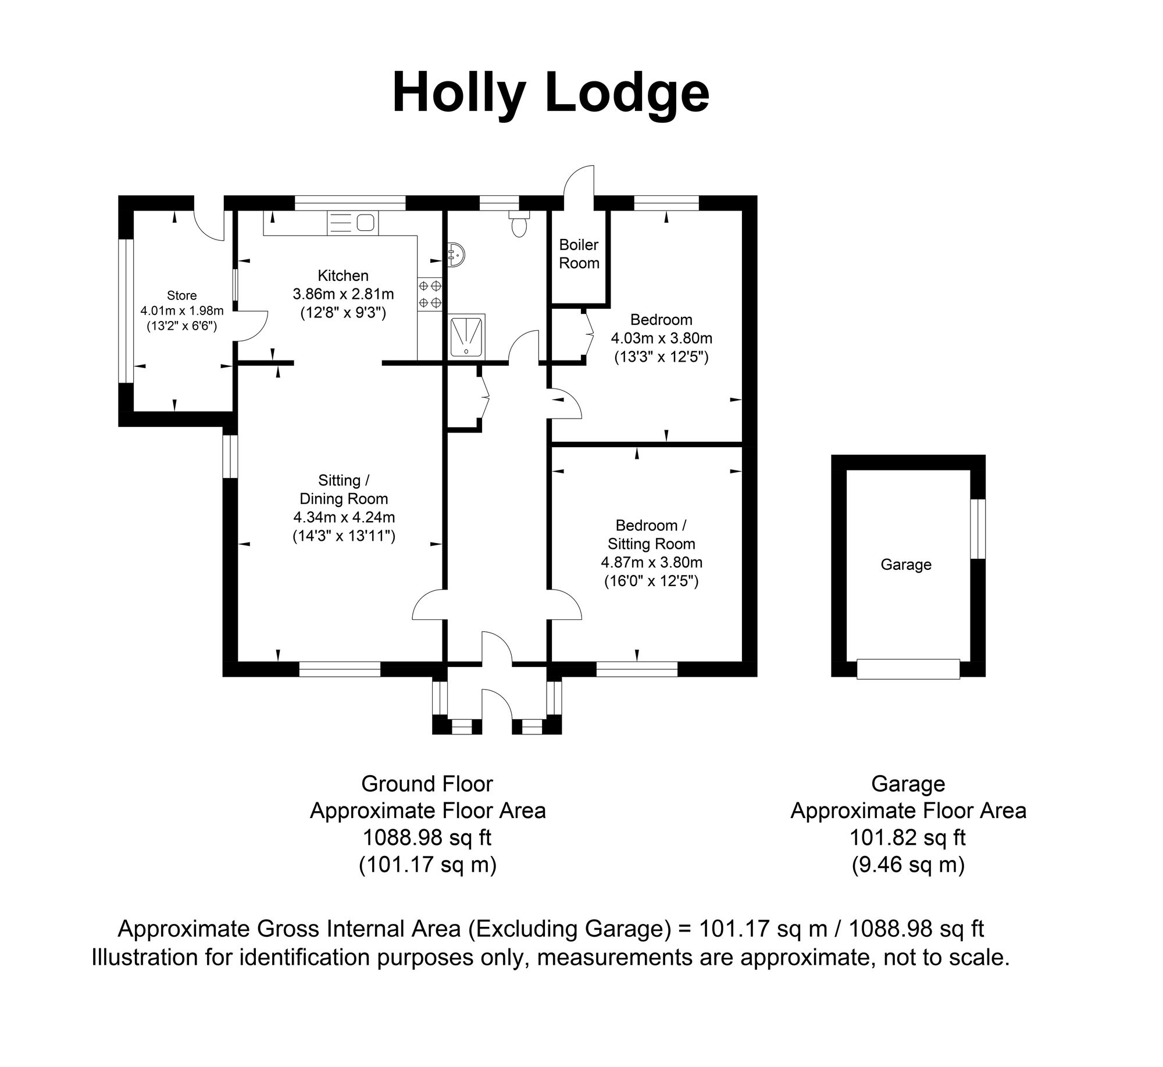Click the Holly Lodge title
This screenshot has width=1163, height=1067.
point(550,94)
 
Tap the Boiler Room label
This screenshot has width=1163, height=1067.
point(579,254)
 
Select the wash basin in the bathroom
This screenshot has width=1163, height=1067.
point(455,254)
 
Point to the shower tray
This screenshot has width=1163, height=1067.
point(468,336)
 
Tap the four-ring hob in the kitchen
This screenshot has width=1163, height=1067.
point(430,294)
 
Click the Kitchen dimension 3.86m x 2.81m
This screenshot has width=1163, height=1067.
point(343,294)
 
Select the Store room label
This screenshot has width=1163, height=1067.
point(181,295)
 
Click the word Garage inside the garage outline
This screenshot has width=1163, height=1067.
point(906,565)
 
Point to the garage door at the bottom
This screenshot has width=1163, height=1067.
point(908,669)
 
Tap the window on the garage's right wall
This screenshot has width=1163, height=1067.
point(978,529)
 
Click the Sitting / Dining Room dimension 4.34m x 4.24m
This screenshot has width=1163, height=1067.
point(344,517)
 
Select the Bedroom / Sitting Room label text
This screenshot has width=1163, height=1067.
point(651,534)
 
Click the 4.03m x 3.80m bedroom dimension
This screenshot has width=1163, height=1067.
point(661,338)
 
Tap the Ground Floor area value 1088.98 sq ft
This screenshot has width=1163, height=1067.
point(427,838)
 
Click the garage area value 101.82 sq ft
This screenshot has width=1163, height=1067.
point(907,838)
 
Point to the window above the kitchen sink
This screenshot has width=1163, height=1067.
point(350,203)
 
